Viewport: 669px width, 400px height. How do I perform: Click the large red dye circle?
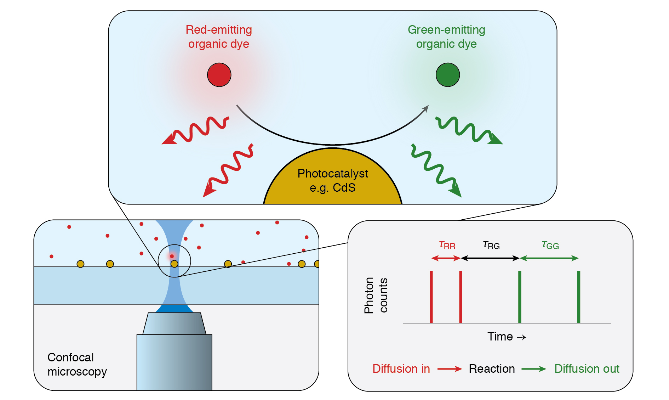[x=219, y=75]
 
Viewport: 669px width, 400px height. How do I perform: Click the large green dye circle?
[x=447, y=75]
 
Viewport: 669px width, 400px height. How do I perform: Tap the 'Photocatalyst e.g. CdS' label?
[x=332, y=180]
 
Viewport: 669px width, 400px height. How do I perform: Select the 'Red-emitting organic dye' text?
[x=219, y=37]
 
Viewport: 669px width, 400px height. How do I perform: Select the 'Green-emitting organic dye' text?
[x=446, y=37]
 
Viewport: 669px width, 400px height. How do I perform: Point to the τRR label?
[x=447, y=245]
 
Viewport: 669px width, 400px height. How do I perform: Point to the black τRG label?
[x=491, y=245]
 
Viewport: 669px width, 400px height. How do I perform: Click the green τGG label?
[x=550, y=245]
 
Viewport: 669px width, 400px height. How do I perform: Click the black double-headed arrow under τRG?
[x=490, y=258]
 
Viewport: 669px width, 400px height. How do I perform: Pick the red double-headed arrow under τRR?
[x=446, y=258]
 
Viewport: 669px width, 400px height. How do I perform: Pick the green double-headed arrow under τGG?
[x=549, y=258]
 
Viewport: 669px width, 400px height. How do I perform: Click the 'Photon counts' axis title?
[x=376, y=295]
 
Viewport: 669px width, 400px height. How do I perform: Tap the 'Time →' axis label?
[x=507, y=337]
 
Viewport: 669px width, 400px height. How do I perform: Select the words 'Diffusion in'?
[x=401, y=369]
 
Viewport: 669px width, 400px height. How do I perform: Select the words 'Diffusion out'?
[x=587, y=369]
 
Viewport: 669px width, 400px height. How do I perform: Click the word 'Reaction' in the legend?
[x=492, y=369]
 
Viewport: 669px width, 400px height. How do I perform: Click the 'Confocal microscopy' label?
[x=77, y=364]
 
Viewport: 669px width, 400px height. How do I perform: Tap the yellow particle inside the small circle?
[x=174, y=264]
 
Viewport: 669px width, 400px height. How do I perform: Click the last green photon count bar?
[x=578, y=297]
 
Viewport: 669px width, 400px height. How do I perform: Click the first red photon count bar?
[x=431, y=297]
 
